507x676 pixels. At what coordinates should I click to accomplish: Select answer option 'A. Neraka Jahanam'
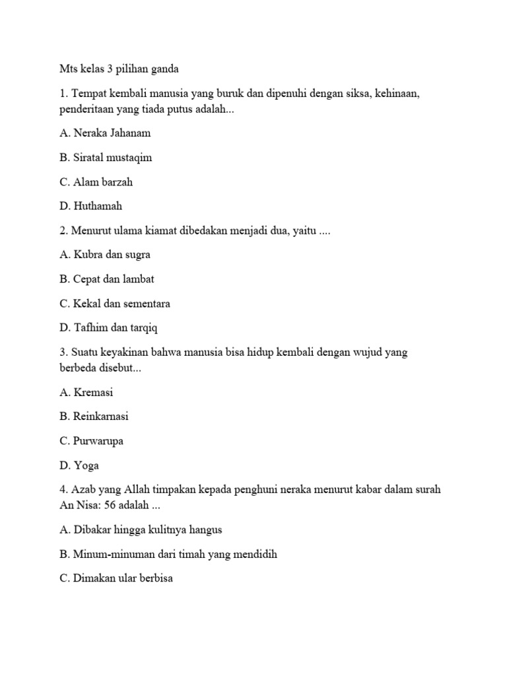[x=105, y=133]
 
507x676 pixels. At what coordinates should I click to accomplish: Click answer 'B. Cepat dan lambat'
[x=106, y=279]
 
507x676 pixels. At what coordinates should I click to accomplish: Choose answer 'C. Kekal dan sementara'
[x=115, y=303]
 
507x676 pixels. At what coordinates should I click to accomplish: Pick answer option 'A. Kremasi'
[x=86, y=392]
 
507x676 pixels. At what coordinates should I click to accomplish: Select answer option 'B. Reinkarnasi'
[x=94, y=417]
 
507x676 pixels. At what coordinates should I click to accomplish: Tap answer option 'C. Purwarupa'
[x=91, y=441]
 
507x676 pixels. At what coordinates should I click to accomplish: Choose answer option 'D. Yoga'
[x=79, y=465]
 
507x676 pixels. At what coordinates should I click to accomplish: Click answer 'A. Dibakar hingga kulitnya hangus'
[x=141, y=530]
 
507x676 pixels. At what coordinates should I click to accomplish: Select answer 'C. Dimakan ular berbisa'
[x=116, y=579]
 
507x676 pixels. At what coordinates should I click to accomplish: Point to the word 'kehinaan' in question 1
[x=399, y=94]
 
